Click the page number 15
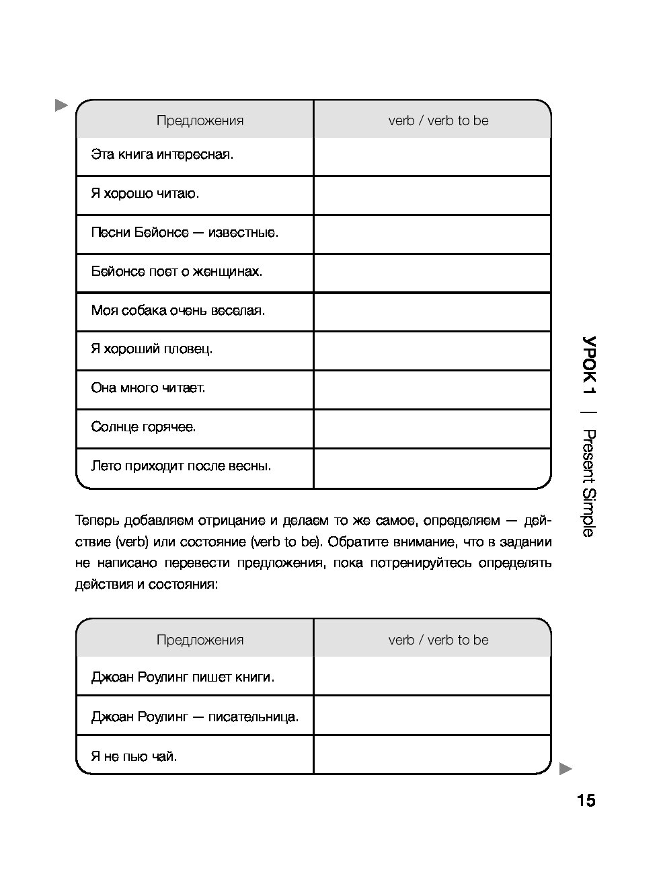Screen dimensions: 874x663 pyautogui.click(x=586, y=800)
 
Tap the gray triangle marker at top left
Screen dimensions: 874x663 pyautogui.click(x=61, y=105)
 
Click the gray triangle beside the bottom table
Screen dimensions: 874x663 pyautogui.click(x=565, y=768)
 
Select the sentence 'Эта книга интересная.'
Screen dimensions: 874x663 pyautogui.click(x=162, y=155)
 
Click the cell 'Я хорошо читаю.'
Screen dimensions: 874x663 pyautogui.click(x=145, y=194)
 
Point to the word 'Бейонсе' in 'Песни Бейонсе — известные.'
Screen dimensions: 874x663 pyautogui.click(x=161, y=233)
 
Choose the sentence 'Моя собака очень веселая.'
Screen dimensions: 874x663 pyautogui.click(x=178, y=311)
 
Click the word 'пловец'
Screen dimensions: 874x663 pyautogui.click(x=191, y=349)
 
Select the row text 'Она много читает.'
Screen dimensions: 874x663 pyautogui.click(x=148, y=388)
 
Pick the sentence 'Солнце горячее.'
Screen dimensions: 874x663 pyautogui.click(x=143, y=427)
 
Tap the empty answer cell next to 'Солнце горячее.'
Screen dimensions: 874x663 pyautogui.click(x=432, y=428)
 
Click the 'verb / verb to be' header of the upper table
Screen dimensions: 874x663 pyautogui.click(x=438, y=121)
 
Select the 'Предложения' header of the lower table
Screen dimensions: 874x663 pyautogui.click(x=200, y=640)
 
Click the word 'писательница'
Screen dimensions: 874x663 pyautogui.click(x=253, y=717)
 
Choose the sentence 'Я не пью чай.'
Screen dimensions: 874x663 pyautogui.click(x=134, y=756)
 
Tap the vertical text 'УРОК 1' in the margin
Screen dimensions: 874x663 pyautogui.click(x=589, y=365)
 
